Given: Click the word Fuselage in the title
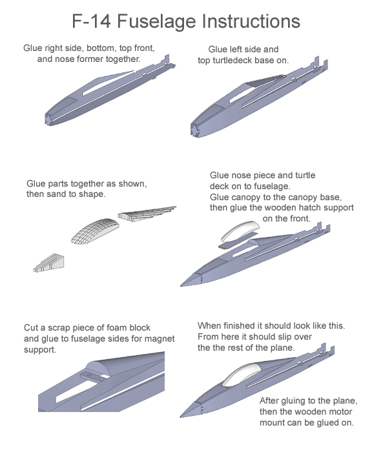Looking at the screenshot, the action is (x=157, y=22).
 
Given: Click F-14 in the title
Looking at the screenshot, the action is (x=92, y=21).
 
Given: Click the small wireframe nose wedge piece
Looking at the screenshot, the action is (x=48, y=263).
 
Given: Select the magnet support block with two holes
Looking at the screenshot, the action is (x=94, y=377).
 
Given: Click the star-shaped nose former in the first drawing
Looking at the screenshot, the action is (x=48, y=119).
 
